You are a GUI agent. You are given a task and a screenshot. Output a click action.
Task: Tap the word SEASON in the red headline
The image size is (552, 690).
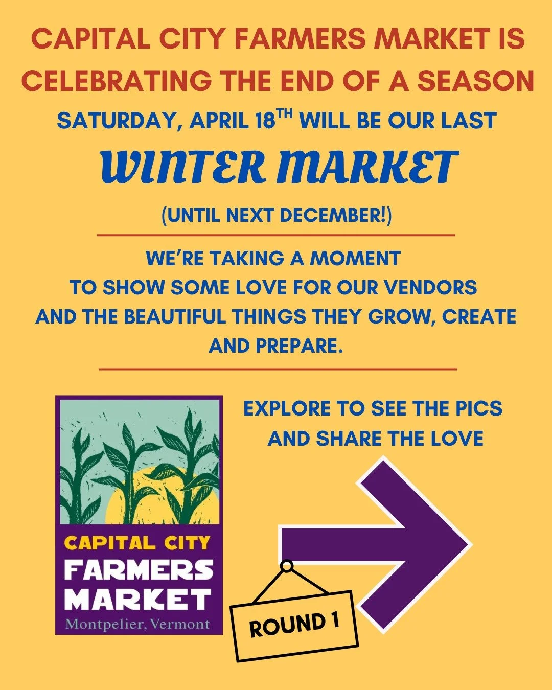pyautogui.click(x=476, y=81)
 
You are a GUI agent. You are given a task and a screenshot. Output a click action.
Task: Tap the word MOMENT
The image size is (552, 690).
pyautogui.click(x=355, y=259)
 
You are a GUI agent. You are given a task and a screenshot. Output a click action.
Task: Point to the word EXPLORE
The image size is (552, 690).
pyautogui.click(x=287, y=409)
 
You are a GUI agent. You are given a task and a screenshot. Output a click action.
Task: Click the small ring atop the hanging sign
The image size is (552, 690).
pyautogui.click(x=287, y=566)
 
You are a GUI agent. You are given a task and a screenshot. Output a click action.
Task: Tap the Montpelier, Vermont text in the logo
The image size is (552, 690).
pyautogui.click(x=138, y=624)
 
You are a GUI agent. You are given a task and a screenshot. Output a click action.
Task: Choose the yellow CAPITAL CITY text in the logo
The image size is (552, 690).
pyautogui.click(x=138, y=543)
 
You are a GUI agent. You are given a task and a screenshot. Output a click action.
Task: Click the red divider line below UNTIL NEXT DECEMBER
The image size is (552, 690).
pyautogui.click(x=276, y=236)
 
